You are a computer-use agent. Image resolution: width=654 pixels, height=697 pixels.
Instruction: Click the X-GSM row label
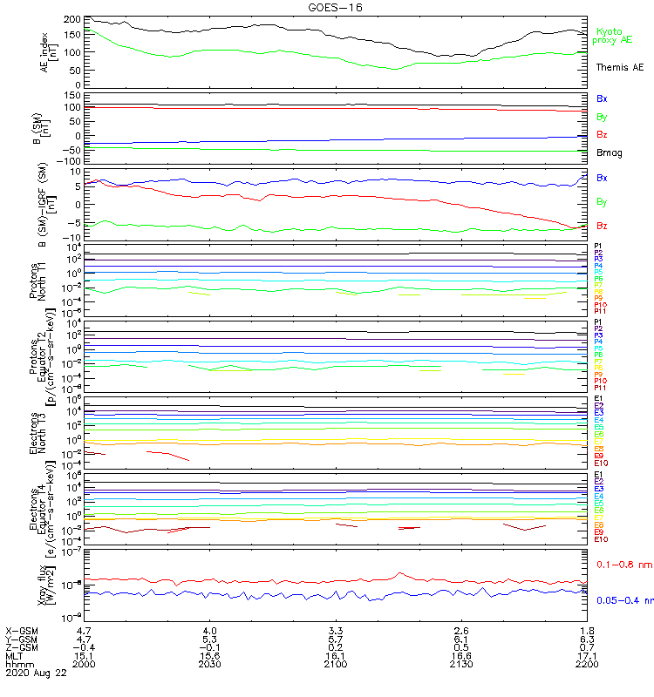click(x=22, y=630)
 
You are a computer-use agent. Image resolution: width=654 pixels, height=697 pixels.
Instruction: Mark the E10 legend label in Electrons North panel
click(x=601, y=464)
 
